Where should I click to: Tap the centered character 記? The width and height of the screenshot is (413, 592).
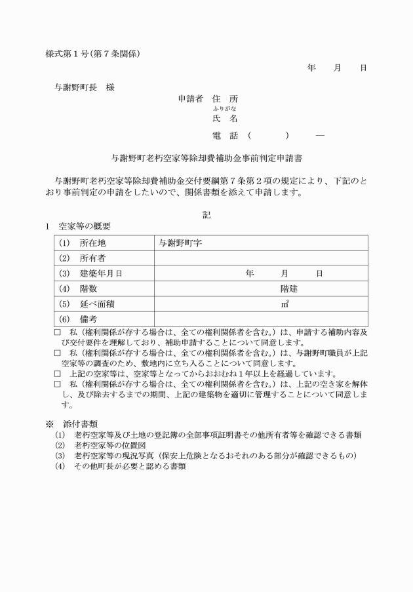[206, 214]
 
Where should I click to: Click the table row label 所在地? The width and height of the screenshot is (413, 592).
[92, 243]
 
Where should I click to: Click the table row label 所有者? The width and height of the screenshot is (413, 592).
[92, 258]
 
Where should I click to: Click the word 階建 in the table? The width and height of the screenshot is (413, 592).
[289, 288]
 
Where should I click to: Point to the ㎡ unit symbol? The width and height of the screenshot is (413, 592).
[285, 304]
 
